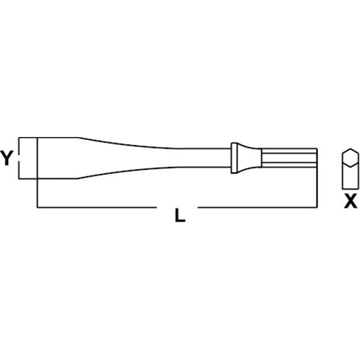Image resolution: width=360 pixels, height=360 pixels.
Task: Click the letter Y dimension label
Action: (6, 158)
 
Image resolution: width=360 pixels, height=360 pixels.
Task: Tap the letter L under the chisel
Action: (180, 215)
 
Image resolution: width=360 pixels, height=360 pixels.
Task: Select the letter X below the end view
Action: (350, 201)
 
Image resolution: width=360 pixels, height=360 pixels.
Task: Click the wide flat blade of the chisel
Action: (58, 158)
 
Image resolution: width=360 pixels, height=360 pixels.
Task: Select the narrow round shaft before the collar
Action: (205, 158)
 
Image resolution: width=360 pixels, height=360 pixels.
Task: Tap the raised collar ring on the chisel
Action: (234, 158)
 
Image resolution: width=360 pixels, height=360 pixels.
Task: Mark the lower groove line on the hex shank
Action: (288, 162)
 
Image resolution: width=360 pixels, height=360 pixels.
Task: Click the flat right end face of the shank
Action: (317, 158)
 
